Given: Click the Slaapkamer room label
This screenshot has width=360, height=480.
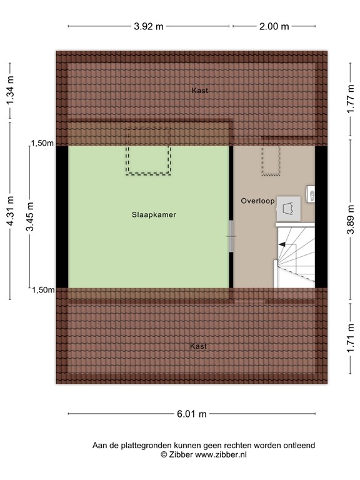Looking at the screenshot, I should tap(154, 214).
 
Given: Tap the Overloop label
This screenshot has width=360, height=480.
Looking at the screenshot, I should tap(257, 201).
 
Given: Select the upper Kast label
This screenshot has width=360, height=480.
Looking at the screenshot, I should tap(200, 91).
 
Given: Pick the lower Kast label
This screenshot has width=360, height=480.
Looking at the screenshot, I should tap(199, 346).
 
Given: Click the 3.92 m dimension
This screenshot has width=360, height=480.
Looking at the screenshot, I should tap(149, 26).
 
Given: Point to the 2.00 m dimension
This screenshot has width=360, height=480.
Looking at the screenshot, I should tap(274, 26).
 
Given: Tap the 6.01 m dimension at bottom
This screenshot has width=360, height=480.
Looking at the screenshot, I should tap(191, 414).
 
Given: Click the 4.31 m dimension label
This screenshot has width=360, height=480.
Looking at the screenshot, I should tap(10, 221).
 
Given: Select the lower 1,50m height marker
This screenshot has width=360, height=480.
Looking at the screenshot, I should tap(42, 289).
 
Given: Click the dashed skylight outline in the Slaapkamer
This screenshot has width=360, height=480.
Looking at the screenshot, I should tap(148, 152).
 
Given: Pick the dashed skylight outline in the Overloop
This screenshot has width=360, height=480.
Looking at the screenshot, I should tap(271, 161).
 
